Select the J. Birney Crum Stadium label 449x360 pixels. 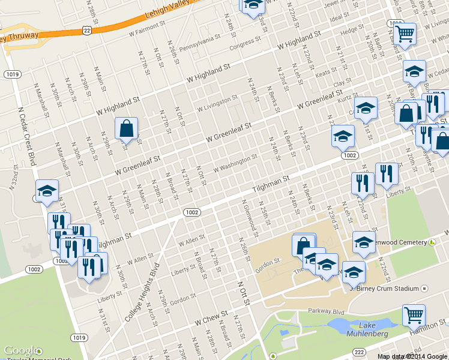click(384, 289)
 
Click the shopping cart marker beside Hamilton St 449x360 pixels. click(413, 314)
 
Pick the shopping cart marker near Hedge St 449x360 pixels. click(405, 33)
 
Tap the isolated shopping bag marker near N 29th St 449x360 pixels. click(126, 128)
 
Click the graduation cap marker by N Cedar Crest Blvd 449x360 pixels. click(47, 191)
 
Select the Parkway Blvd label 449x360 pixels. click(326, 311)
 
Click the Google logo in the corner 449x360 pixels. click(22, 350)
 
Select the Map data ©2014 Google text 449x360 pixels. click(412, 356)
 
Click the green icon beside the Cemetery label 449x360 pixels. click(432, 242)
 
